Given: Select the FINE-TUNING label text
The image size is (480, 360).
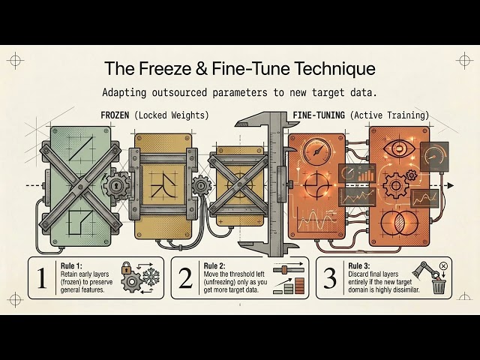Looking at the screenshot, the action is (319, 115).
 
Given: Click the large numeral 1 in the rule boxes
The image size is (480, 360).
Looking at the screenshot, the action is (42, 278).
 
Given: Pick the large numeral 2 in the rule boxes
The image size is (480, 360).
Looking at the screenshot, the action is (185, 278).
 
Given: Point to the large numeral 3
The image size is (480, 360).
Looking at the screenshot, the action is (330, 278).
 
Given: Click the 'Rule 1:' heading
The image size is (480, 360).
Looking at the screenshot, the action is (71, 265).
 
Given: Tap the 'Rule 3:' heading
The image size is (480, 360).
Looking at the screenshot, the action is (359, 265).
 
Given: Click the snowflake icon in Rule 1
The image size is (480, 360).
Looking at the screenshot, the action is (151, 277).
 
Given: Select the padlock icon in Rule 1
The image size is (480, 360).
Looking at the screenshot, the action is (126, 268).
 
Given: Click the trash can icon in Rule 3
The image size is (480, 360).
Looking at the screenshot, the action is (439, 286).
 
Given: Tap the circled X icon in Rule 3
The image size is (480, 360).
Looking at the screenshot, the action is (443, 266).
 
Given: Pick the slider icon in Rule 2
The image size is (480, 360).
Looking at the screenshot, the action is (288, 268).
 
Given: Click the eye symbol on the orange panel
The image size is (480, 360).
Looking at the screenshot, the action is (399, 149).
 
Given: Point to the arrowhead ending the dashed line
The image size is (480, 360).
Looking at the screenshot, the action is (450, 185).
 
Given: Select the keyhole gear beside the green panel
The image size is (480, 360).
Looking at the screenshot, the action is (115, 185).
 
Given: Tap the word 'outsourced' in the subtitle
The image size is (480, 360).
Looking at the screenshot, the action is (179, 92).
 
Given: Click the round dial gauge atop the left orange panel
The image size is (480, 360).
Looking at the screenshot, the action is (317, 151).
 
